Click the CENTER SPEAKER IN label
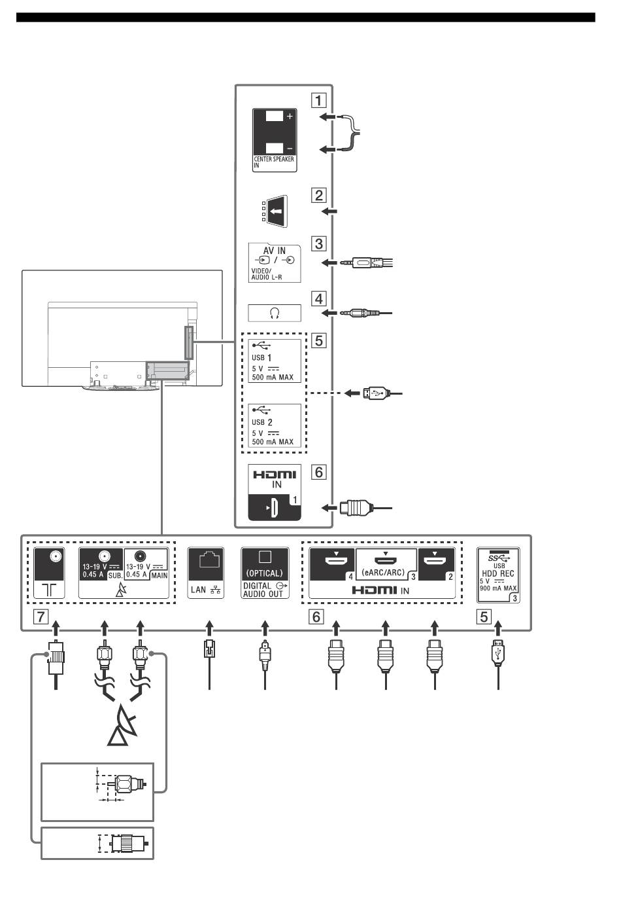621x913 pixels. point(274,162)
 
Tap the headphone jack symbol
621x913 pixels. point(275,313)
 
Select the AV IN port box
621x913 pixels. point(275,263)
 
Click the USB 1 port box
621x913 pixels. point(275,361)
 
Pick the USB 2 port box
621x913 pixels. point(275,425)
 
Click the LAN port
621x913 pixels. point(206,573)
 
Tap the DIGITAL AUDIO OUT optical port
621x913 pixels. point(265,573)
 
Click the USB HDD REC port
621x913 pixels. point(498,575)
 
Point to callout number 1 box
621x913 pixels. point(319,100)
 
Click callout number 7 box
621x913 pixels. point(41,617)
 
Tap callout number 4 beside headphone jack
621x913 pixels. point(319,298)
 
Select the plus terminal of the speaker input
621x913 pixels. point(275,116)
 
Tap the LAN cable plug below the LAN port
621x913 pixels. point(209,649)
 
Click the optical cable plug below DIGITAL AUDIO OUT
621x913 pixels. point(265,654)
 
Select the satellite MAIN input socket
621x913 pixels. point(140,556)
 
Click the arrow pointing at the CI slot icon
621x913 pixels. point(329,211)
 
